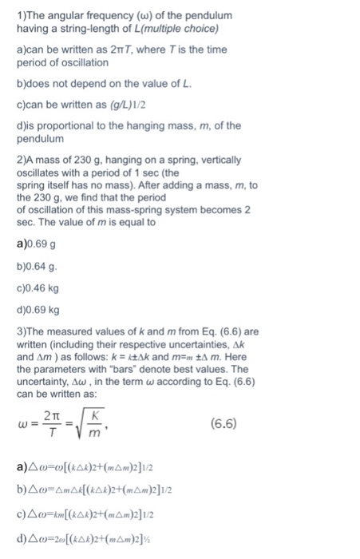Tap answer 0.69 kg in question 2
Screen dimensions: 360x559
[38, 310]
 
